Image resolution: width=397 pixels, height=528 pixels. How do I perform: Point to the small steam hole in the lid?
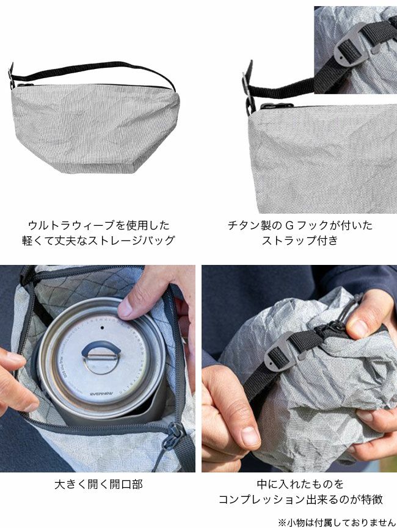pyautogui.click(x=102, y=327)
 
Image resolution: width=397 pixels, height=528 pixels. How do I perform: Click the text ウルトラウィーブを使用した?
pyautogui.click(x=98, y=225)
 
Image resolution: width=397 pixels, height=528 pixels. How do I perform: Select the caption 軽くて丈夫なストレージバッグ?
pyautogui.click(x=98, y=240)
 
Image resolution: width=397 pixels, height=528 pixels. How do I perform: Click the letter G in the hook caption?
pyautogui.click(x=290, y=225)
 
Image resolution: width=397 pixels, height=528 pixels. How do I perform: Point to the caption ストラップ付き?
pyautogui.click(x=300, y=240)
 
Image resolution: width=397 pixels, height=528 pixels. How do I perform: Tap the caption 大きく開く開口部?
pyautogui.click(x=98, y=484)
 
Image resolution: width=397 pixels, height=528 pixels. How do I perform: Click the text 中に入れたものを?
pyautogui.click(x=300, y=484)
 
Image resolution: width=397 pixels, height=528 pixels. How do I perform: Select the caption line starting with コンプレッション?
pyautogui.click(x=300, y=499)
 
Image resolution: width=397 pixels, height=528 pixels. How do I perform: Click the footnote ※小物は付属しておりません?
pyautogui.click(x=337, y=523)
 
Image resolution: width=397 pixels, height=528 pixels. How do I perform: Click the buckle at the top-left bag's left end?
pyautogui.click(x=12, y=76)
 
